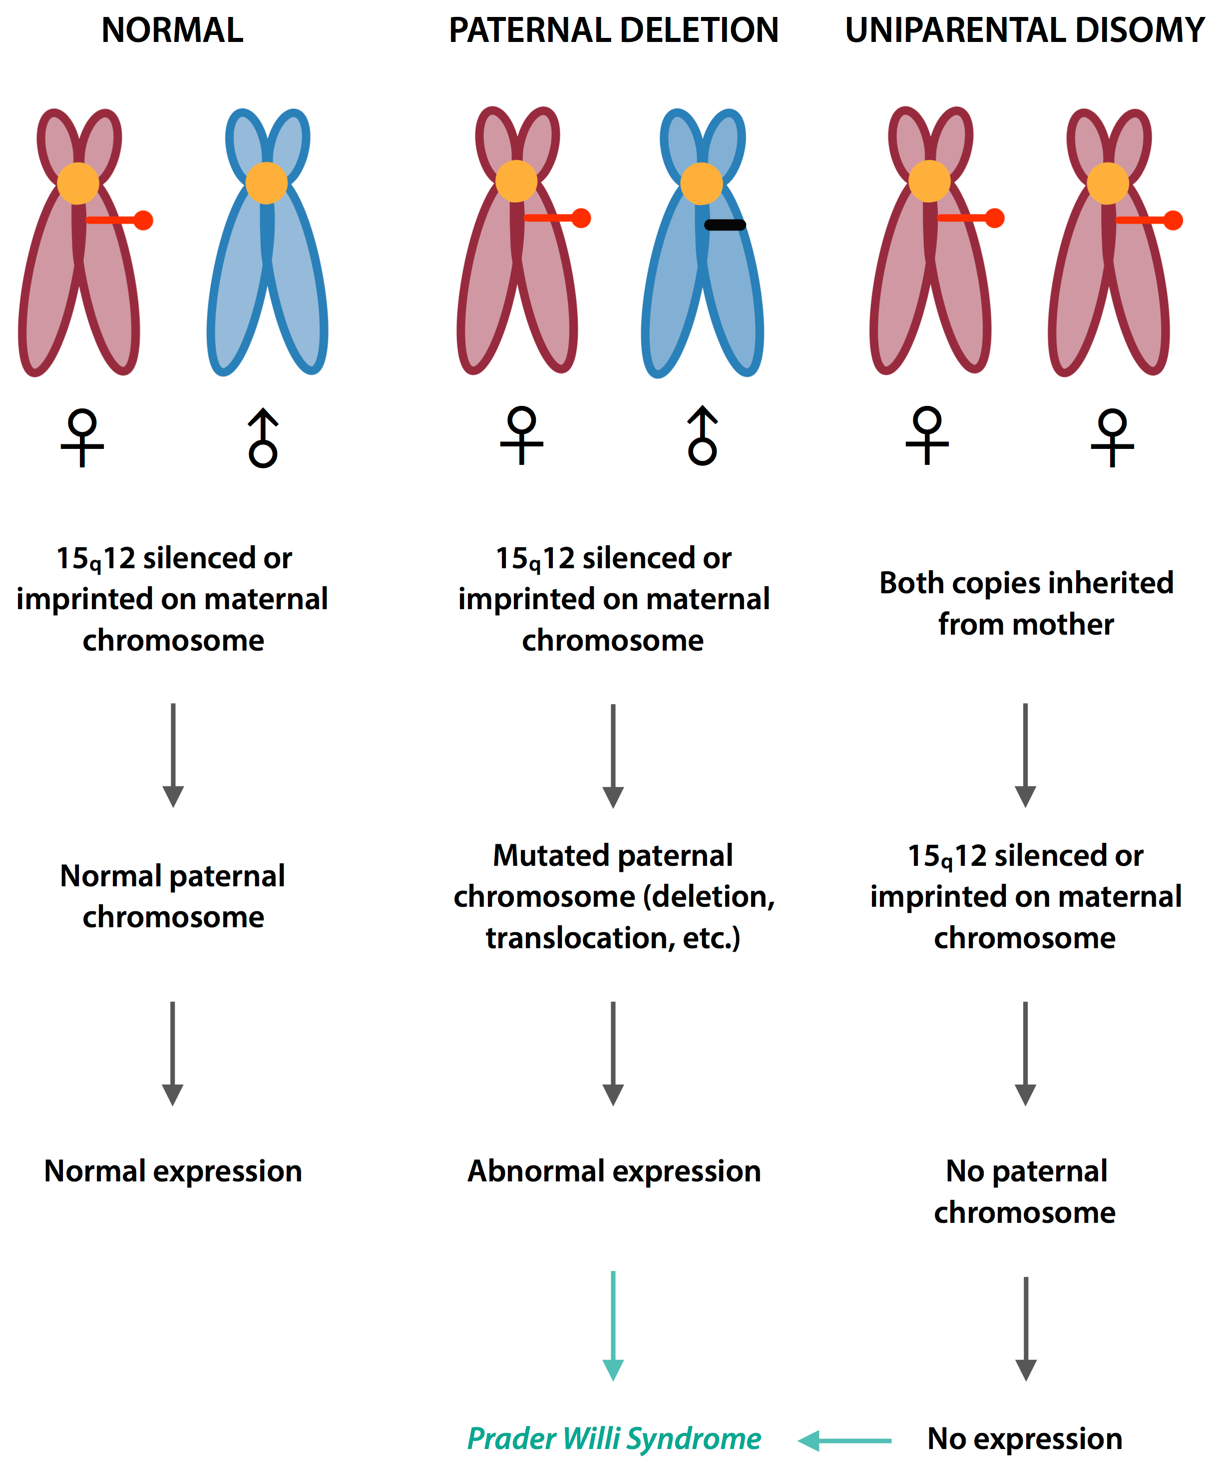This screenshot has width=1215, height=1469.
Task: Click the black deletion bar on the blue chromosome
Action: (725, 225)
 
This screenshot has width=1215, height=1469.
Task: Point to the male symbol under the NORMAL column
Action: (263, 438)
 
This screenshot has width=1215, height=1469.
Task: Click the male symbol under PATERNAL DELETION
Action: (702, 436)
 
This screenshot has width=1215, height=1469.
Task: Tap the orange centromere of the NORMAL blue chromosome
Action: (267, 183)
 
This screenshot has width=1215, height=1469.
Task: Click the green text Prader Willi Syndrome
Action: (613, 1439)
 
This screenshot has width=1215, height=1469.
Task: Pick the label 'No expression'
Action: (1025, 1439)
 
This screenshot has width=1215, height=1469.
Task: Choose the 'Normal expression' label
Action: (173, 1171)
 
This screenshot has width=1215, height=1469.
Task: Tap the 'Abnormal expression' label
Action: (613, 1171)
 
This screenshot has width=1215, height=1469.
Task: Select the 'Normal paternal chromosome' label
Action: (173, 896)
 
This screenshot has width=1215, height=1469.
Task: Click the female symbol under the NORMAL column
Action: (82, 437)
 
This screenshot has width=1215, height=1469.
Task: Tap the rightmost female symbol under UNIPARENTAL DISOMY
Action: (1112, 437)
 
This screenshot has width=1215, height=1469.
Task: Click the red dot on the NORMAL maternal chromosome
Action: (143, 220)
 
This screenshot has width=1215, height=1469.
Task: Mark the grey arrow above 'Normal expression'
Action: (173, 1052)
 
